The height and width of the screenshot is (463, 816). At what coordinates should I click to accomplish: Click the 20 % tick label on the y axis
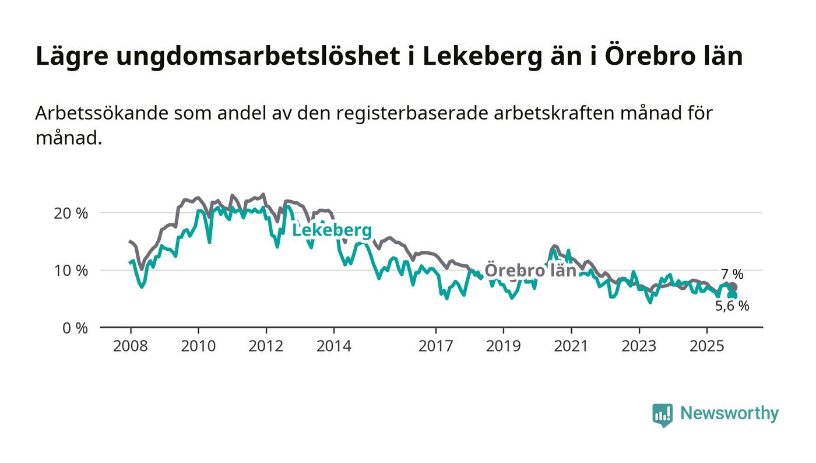point(71,213)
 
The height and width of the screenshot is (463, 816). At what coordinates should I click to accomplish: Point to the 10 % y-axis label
point(71,271)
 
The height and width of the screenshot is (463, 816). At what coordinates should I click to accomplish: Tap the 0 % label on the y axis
point(75,328)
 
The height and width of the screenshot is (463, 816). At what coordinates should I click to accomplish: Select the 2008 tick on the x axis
point(131,346)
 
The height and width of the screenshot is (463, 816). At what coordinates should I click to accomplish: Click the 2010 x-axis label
point(198,346)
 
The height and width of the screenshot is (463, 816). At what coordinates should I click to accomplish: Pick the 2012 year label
point(266,346)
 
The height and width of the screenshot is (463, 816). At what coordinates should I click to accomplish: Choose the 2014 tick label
point(333,346)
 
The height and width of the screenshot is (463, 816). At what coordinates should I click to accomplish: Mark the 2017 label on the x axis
point(435,346)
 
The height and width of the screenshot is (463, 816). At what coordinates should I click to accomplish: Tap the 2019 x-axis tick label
point(503,346)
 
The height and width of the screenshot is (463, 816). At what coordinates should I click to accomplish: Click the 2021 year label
point(571,346)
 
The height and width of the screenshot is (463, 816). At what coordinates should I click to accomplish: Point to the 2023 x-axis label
point(638,346)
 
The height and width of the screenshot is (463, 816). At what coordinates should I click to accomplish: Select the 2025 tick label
point(706,346)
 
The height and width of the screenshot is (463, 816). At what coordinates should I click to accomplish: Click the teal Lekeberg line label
point(332,231)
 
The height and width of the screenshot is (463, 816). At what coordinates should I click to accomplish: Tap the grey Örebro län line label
point(530,271)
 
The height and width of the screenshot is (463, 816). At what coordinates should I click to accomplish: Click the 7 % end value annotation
point(732,274)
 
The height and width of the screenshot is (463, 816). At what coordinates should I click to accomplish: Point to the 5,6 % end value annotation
point(732,306)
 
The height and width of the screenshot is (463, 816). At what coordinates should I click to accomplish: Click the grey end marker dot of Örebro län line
point(733,287)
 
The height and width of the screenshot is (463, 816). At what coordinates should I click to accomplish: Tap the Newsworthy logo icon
point(662,415)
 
